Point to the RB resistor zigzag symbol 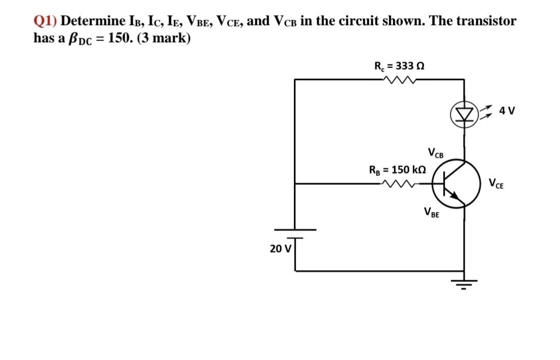click(399, 183)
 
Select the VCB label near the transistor click(436, 153)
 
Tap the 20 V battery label click(280, 248)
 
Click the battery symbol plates click(295, 232)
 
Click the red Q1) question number click(45, 21)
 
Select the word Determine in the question click(92, 21)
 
